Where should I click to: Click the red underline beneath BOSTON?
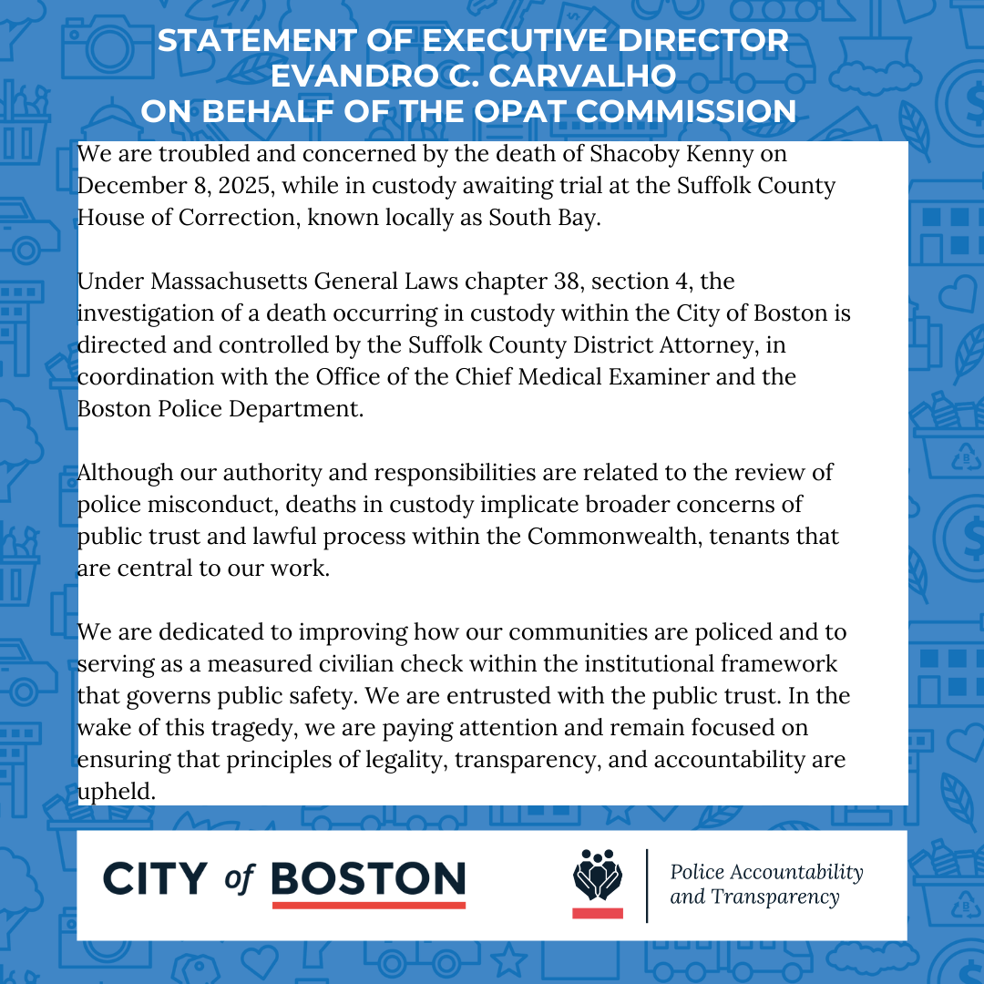pos(369,905)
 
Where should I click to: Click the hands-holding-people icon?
pos(597,876)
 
